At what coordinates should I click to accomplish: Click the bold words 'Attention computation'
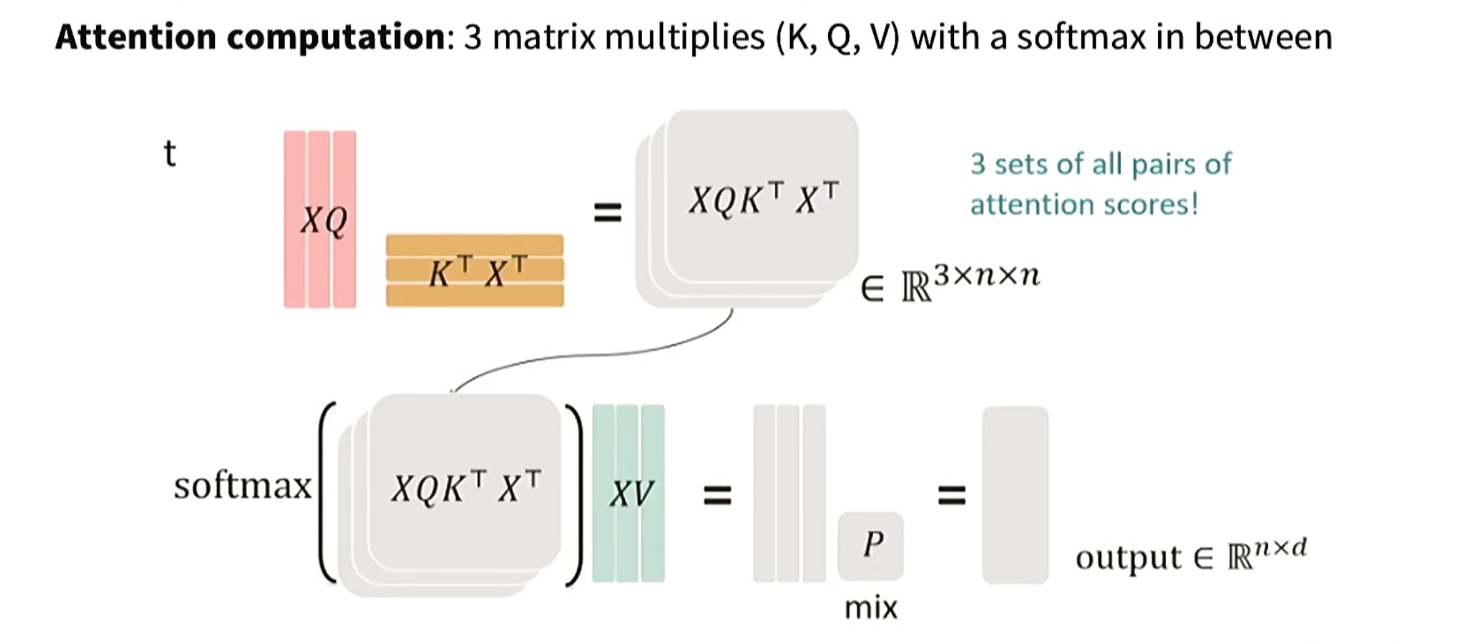tap(250, 37)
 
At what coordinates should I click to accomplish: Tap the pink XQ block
tap(320, 220)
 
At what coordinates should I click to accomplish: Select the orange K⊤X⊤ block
tap(475, 271)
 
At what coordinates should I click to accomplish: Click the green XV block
tap(628, 493)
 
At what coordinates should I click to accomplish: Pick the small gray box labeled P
tap(871, 545)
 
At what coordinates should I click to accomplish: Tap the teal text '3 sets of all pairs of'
tap(1100, 164)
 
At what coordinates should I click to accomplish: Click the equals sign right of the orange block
tap(608, 213)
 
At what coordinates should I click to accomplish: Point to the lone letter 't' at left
tap(169, 154)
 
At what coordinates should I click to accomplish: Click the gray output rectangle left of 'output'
tap(1015, 494)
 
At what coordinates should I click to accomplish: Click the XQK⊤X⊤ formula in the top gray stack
tap(764, 199)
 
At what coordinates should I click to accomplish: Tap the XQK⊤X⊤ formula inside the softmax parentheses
tap(465, 487)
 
